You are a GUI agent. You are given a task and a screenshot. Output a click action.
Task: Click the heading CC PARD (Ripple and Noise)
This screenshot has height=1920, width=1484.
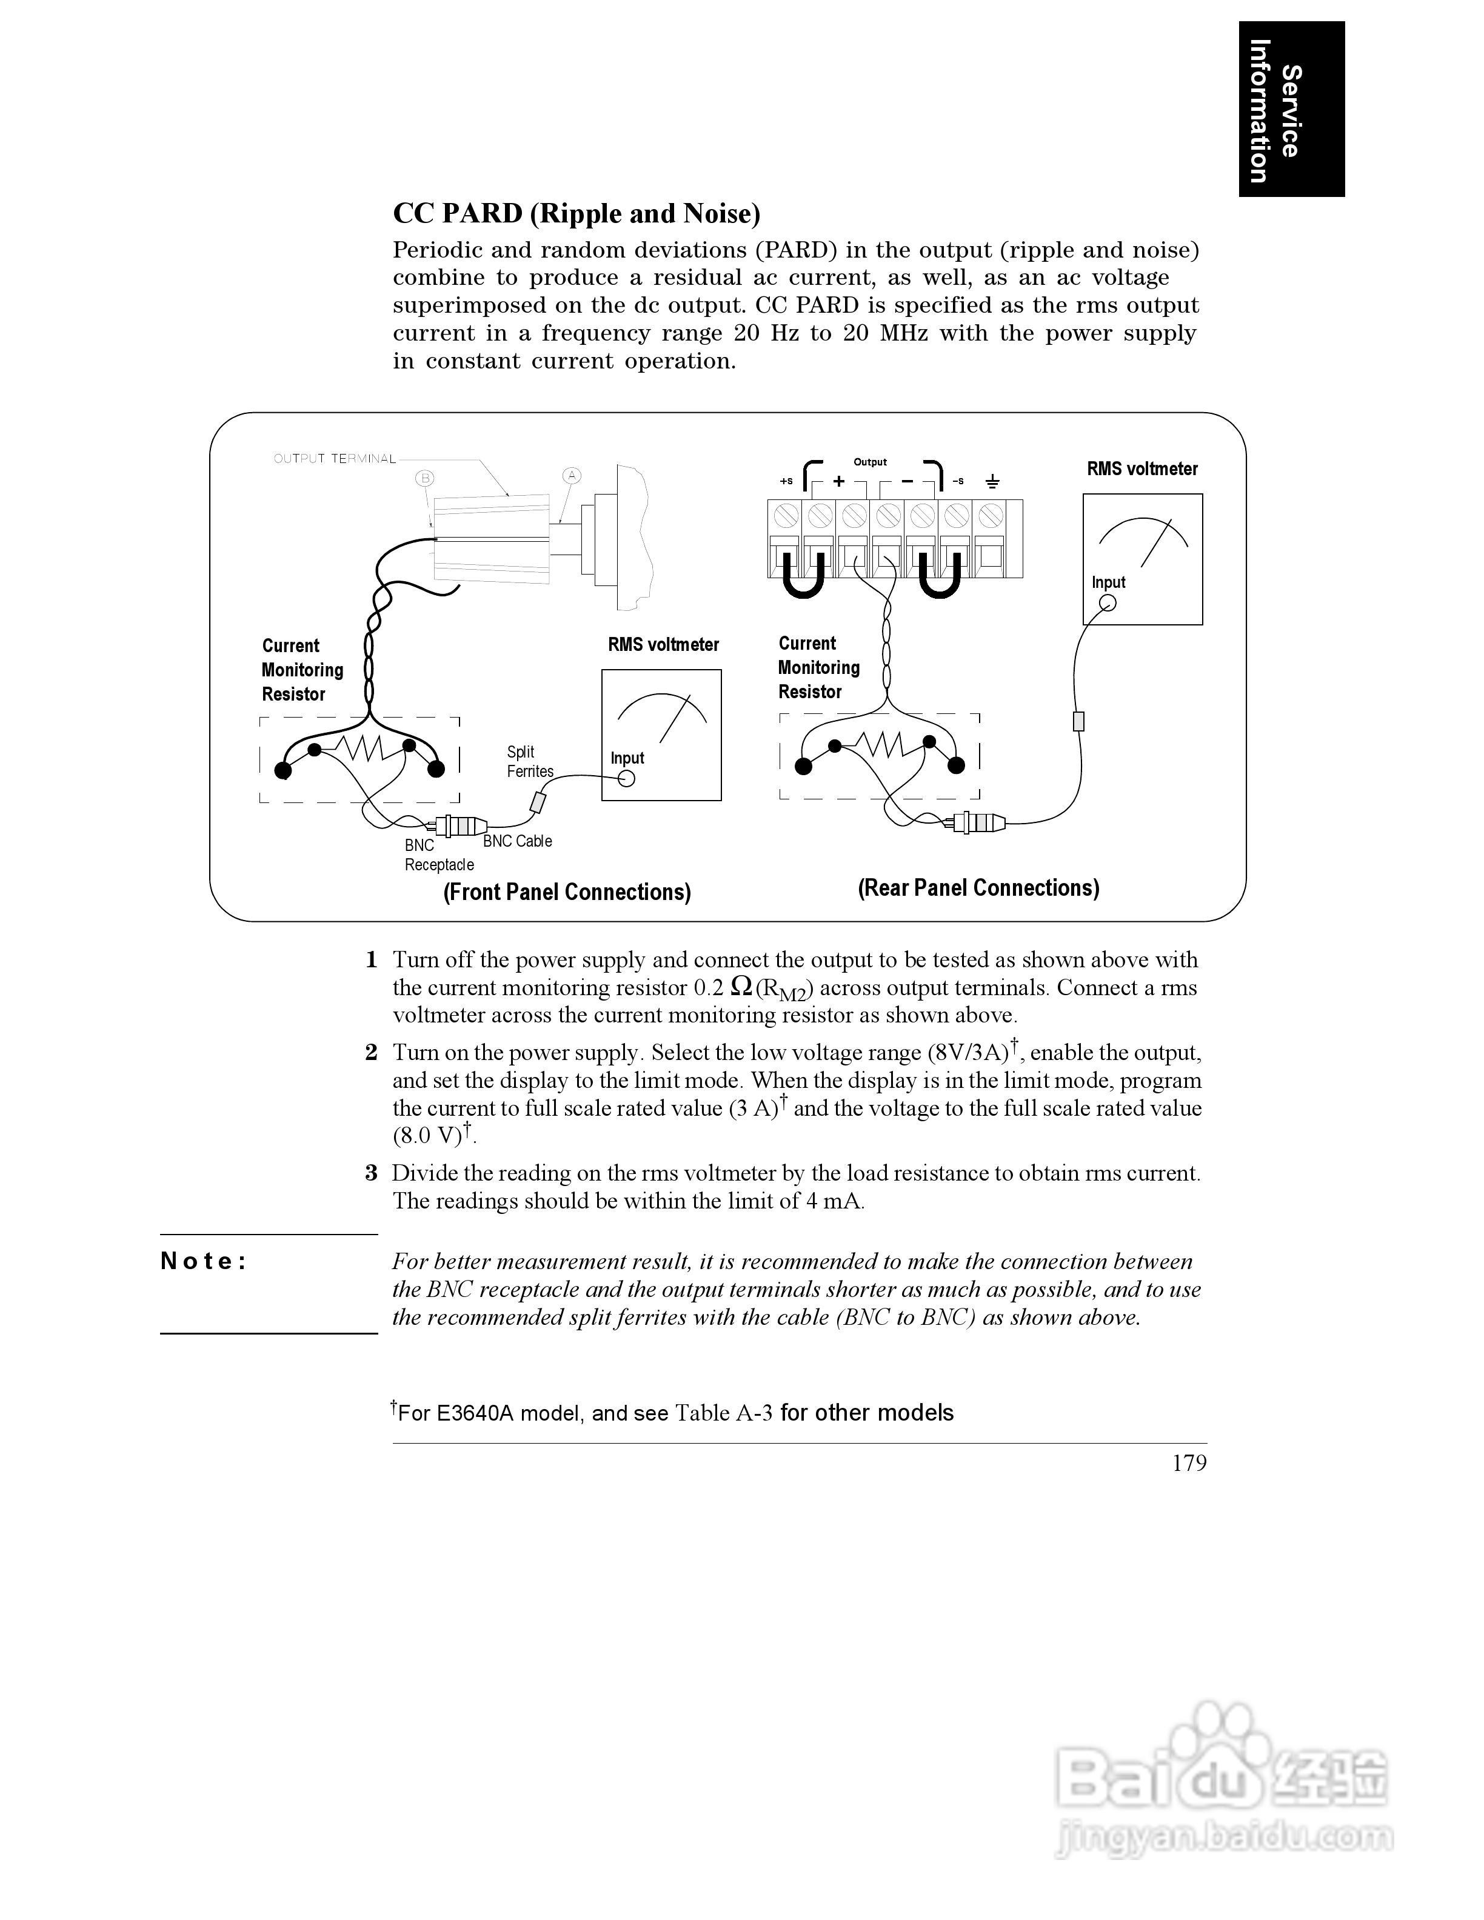point(576,213)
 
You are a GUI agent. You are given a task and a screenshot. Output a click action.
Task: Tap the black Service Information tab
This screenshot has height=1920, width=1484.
point(1291,109)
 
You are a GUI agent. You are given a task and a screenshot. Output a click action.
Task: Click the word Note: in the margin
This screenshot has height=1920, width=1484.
point(204,1262)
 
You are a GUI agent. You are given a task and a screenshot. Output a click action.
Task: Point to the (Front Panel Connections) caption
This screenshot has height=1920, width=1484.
point(566,892)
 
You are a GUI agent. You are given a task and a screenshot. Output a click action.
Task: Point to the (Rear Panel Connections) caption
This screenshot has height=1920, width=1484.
point(978,887)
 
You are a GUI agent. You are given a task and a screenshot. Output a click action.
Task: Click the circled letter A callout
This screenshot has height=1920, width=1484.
point(572,476)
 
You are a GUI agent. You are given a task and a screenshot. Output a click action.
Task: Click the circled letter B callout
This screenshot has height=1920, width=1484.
point(426,478)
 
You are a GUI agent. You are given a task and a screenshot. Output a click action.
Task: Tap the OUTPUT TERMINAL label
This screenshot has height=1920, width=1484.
point(335,459)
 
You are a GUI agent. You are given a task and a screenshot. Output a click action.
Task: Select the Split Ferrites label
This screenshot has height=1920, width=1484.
point(529,761)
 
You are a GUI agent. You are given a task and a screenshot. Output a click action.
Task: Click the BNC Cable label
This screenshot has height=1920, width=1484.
point(517,841)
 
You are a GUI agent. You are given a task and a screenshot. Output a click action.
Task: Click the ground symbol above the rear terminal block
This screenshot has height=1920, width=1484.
point(992,481)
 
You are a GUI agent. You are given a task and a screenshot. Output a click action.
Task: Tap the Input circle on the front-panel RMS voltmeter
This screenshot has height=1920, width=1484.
point(626,778)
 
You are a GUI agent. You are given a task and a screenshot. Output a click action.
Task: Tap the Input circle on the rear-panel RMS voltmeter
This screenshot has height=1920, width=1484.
point(1108,602)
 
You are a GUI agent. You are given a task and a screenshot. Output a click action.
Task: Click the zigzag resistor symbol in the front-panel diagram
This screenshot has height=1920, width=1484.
point(361,748)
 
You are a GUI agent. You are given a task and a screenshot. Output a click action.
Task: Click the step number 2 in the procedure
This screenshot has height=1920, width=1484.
point(371,1052)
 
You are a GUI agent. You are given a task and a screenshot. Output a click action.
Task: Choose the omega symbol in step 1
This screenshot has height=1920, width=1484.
point(741,987)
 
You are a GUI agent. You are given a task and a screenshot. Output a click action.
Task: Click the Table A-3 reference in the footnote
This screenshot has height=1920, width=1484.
point(724,1413)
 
